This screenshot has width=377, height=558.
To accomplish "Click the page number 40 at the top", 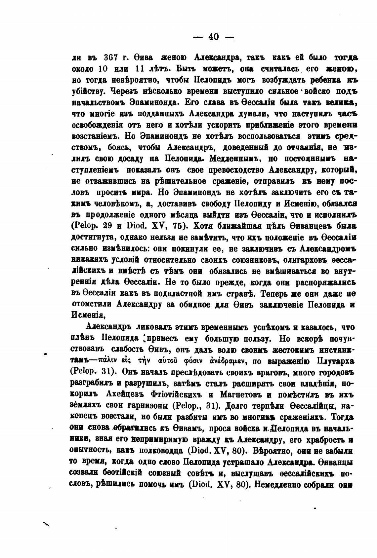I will [x=213, y=37].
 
